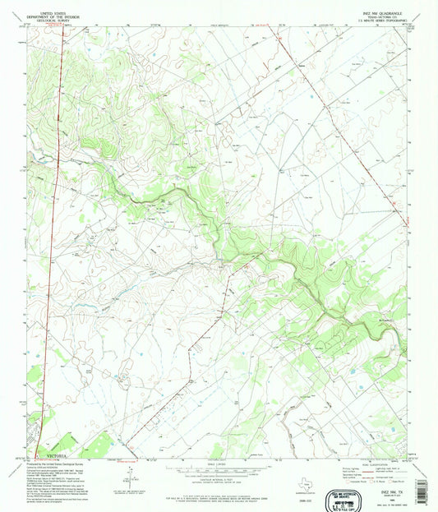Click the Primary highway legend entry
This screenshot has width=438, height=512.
(x=348, y=468)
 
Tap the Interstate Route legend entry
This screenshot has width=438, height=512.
(x=349, y=482)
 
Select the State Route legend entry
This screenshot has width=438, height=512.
(x=394, y=482)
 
